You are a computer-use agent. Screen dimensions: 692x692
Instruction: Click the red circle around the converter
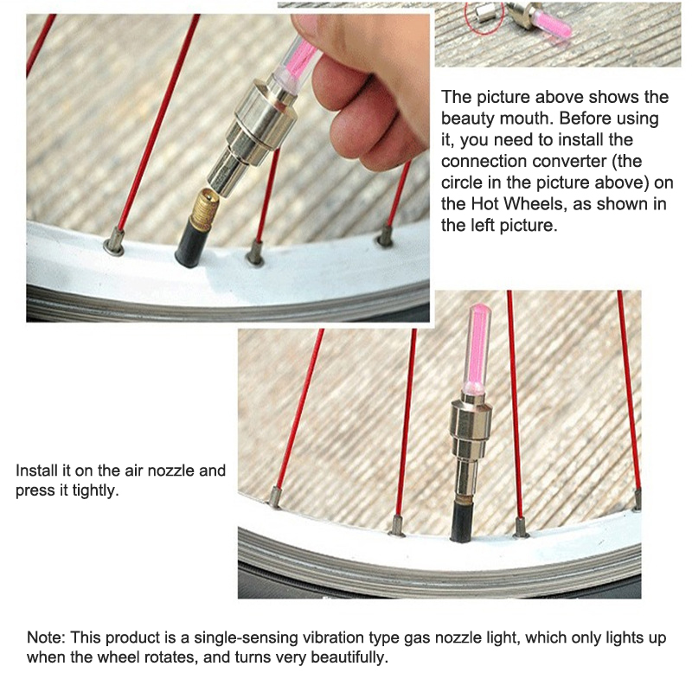[x=484, y=17]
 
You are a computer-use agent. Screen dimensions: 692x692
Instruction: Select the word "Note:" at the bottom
[x=47, y=638]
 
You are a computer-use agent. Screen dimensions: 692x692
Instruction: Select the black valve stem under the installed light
[x=464, y=520]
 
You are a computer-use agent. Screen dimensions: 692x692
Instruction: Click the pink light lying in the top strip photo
[x=552, y=24]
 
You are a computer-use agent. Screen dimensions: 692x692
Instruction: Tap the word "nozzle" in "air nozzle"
[x=170, y=471]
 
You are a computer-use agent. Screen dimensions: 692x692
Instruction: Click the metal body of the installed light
[x=470, y=445]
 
